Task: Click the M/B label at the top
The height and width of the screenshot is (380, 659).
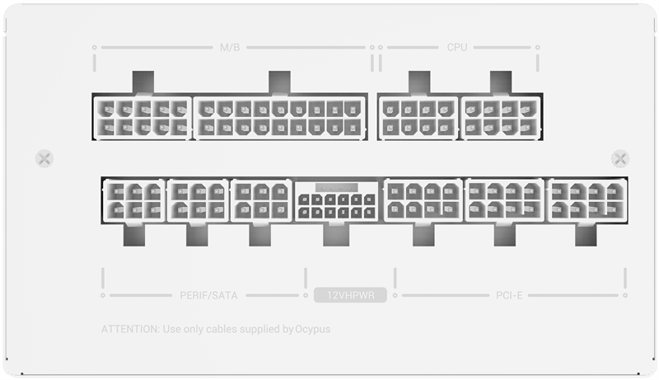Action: (229, 48)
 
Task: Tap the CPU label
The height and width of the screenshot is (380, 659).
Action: (457, 48)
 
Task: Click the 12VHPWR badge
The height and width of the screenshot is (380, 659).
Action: (350, 295)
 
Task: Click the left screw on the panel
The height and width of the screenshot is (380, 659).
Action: (45, 158)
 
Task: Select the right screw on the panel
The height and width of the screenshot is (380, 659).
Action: (620, 158)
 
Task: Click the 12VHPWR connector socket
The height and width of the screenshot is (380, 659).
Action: (336, 201)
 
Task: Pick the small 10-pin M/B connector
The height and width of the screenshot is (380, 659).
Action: (143, 117)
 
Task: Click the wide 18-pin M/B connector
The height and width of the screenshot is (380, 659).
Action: (280, 117)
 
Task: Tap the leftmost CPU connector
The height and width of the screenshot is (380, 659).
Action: (418, 117)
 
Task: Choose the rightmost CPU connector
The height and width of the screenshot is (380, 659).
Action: (501, 117)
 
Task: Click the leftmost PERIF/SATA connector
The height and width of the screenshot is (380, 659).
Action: (133, 201)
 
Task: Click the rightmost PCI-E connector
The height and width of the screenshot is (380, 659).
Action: (586, 201)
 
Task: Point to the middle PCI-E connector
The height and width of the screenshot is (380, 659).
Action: (504, 201)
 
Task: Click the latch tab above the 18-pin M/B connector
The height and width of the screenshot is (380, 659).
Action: (280, 82)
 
